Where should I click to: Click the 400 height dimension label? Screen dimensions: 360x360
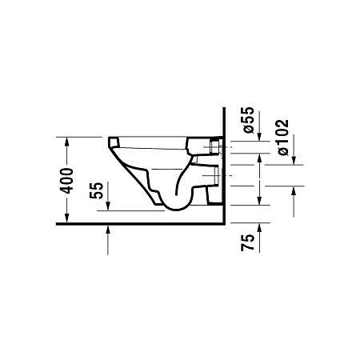[70, 181]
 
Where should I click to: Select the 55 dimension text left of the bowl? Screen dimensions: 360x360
[97, 190]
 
